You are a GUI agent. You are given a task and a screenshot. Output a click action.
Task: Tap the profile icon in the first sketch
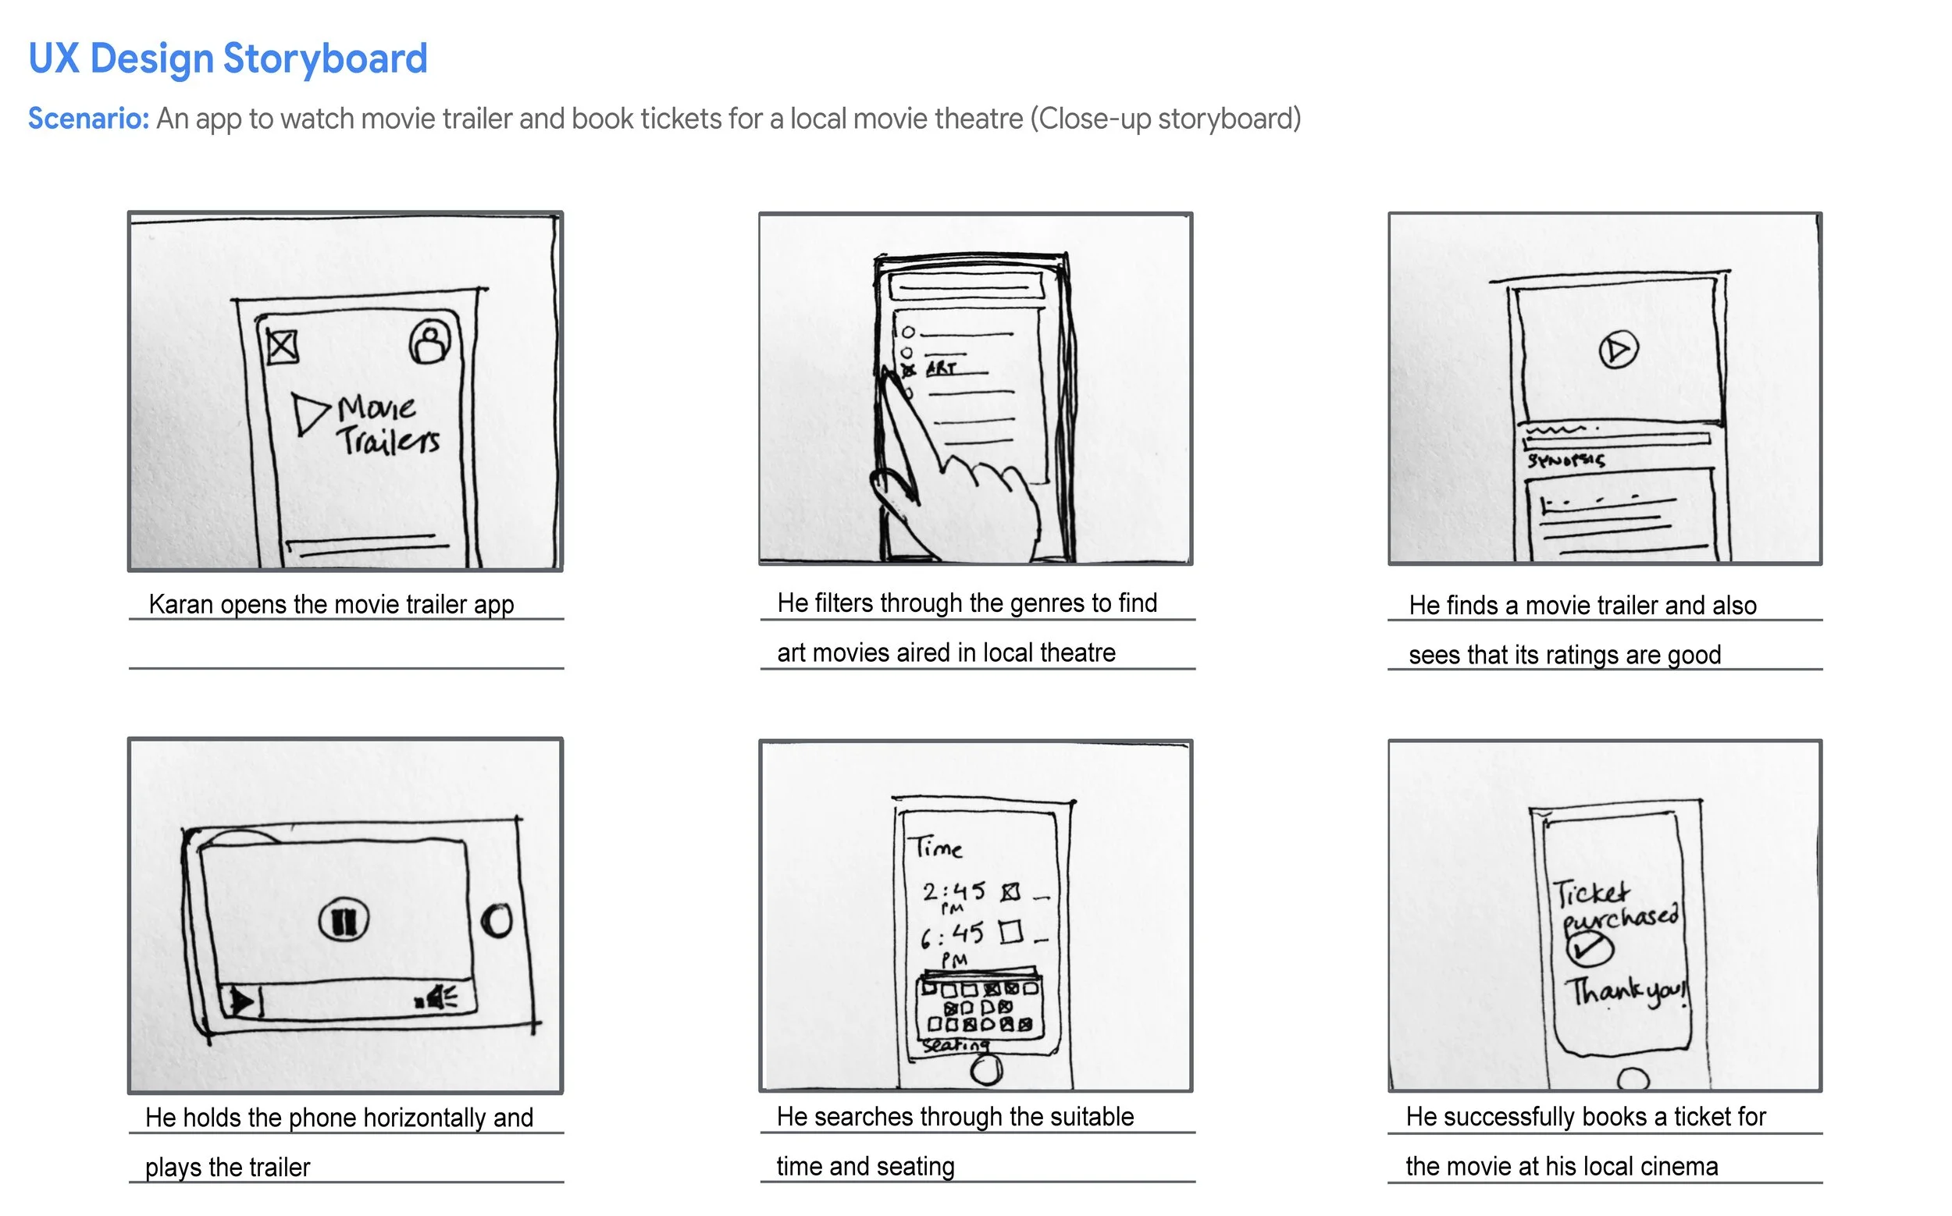(430, 343)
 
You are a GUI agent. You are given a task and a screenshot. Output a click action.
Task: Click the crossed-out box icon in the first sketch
(282, 347)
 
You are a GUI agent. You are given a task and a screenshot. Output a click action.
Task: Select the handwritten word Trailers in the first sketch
(389, 441)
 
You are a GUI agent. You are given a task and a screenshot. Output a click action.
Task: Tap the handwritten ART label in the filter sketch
(941, 369)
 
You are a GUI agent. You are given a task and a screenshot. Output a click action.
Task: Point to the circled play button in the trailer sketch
(1617, 350)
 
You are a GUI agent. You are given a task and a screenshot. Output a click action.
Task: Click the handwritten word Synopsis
(1565, 460)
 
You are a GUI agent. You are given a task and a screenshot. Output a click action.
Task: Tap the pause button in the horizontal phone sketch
(344, 921)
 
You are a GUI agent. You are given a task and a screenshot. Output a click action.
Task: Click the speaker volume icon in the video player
(437, 999)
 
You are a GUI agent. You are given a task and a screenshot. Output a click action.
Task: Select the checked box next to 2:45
(1010, 892)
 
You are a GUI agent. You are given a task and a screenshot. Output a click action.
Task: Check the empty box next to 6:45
(1010, 932)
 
